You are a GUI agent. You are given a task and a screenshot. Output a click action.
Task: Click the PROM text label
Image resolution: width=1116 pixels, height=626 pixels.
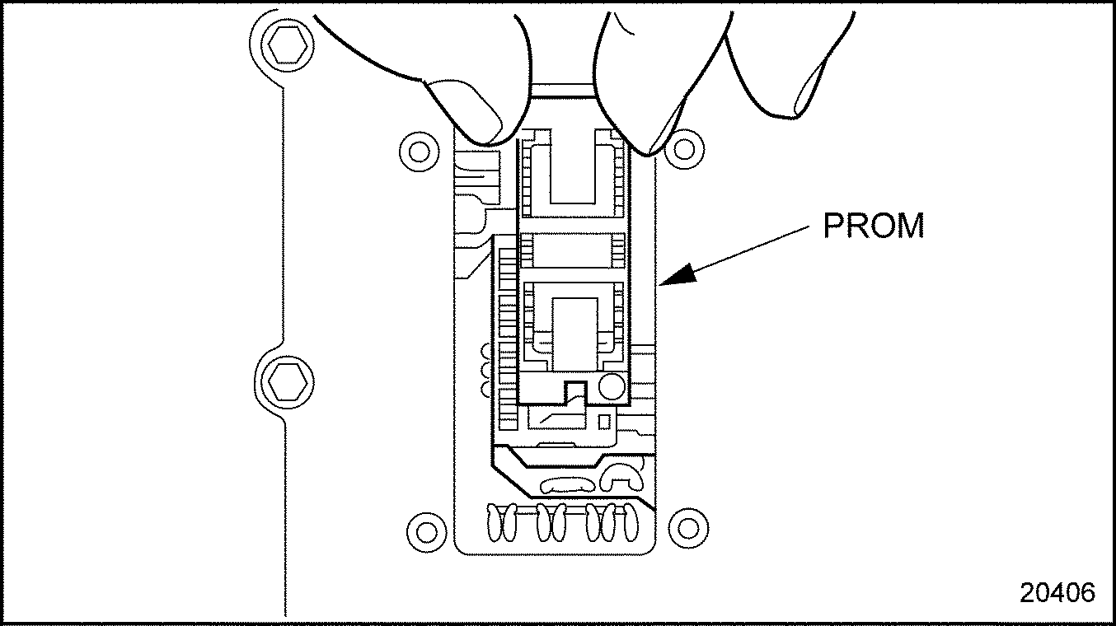tap(874, 226)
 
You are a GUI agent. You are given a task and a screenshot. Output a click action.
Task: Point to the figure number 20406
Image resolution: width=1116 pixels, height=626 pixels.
tap(1057, 592)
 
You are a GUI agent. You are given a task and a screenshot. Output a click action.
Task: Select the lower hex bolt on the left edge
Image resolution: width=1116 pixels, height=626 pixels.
tap(285, 380)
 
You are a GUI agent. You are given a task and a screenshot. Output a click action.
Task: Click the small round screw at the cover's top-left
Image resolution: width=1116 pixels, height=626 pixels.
tap(420, 151)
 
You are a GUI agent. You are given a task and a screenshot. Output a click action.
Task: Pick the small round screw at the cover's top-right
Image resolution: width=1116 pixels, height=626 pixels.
tap(683, 149)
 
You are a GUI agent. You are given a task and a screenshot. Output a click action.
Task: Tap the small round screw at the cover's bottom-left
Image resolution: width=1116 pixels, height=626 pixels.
tap(426, 526)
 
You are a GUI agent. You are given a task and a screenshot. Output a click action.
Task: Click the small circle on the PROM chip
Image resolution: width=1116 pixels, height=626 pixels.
tap(612, 385)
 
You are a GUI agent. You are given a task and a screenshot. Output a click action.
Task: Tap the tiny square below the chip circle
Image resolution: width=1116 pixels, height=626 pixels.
tap(604, 421)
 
